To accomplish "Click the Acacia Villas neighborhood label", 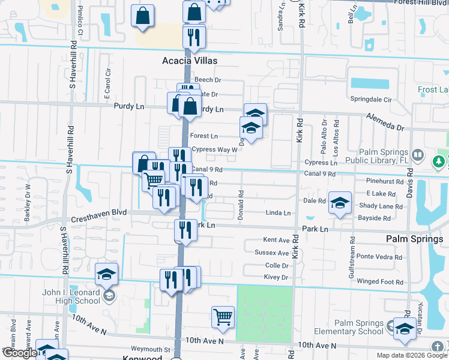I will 189,61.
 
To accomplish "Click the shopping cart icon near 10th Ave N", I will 223,316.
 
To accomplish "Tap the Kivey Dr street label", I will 276,277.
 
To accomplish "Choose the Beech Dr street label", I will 208,80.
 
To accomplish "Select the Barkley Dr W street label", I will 28,208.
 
